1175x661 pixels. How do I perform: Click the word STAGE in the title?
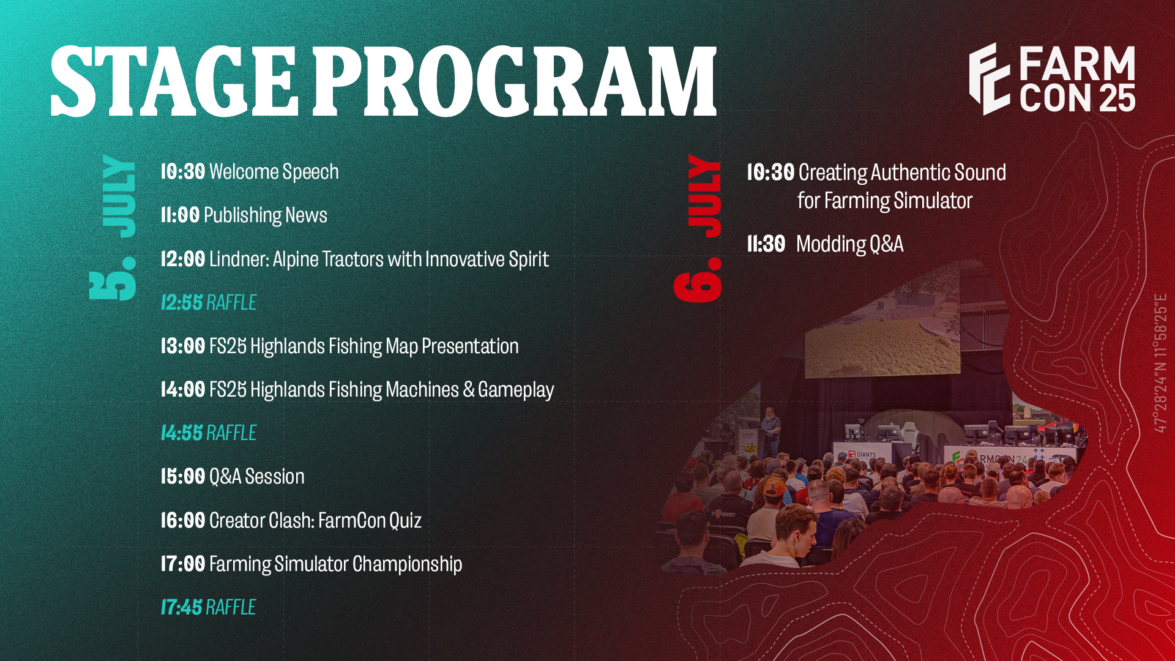[174, 81]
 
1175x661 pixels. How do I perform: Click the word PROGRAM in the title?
[515, 81]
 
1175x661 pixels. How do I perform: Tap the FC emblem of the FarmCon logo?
[989, 79]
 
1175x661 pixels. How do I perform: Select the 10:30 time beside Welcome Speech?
[182, 172]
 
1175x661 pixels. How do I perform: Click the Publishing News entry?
[265, 215]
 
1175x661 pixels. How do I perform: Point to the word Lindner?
[239, 259]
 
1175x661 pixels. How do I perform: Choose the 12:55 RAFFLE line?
[208, 302]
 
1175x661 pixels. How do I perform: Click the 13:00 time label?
[182, 346]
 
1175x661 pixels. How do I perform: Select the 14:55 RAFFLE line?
[208, 433]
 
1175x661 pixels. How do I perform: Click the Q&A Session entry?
[256, 476]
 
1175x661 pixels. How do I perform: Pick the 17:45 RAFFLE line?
[208, 607]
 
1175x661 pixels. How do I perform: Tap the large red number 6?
[698, 280]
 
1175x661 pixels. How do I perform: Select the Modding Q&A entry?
[849, 244]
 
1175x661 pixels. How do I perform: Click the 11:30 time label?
[766, 244]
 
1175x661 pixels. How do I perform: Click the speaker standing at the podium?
[770, 430]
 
